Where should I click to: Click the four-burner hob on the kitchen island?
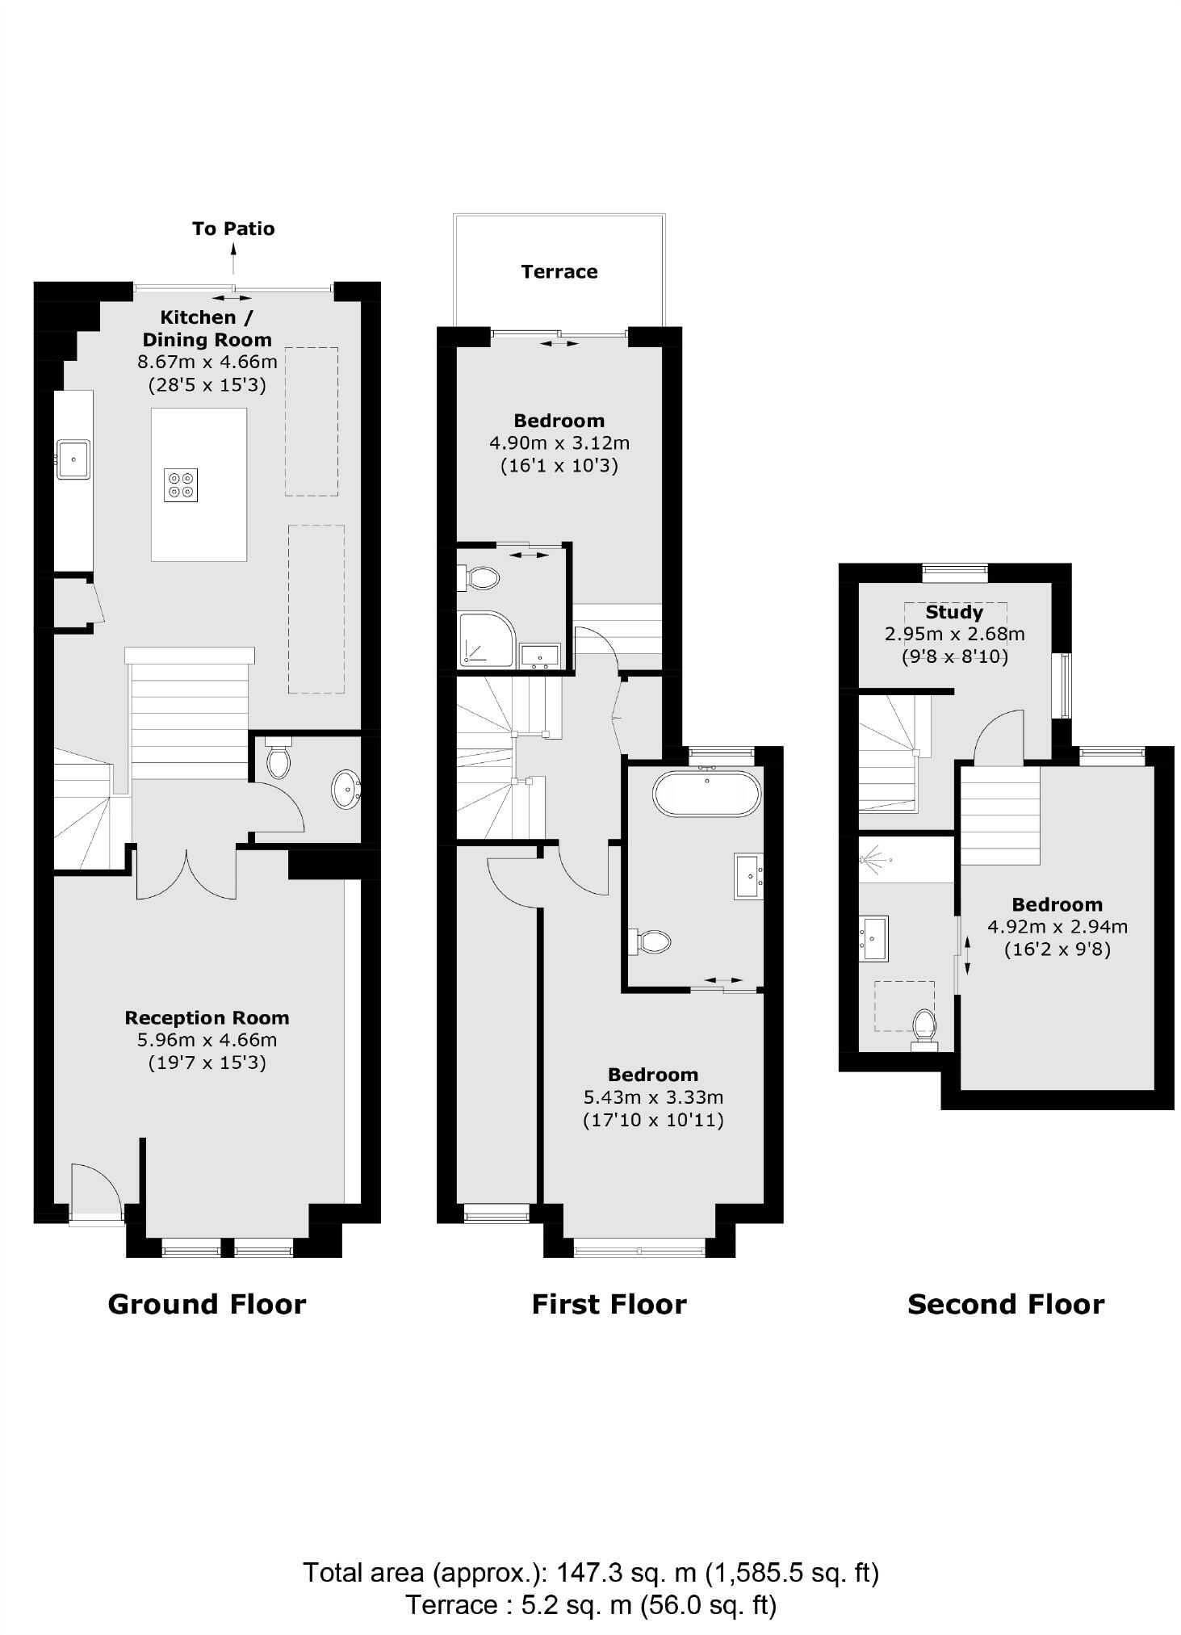pyautogui.click(x=181, y=484)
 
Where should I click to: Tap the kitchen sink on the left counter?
pyautogui.click(x=73, y=459)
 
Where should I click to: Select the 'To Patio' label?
pyautogui.click(x=233, y=228)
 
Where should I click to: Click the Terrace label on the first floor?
pyautogui.click(x=559, y=271)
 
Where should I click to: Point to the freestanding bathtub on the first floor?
pyautogui.click(x=706, y=794)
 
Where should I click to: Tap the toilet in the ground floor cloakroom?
pyautogui.click(x=278, y=757)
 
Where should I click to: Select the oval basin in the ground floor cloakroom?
pyautogui.click(x=346, y=789)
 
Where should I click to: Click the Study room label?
pyautogui.click(x=954, y=612)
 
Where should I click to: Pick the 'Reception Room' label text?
pyautogui.click(x=207, y=1018)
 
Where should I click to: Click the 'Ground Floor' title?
pyautogui.click(x=207, y=1304)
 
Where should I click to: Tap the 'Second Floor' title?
pyautogui.click(x=1006, y=1304)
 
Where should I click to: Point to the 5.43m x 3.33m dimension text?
pyautogui.click(x=653, y=1097)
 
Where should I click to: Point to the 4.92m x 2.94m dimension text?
pyautogui.click(x=1057, y=927)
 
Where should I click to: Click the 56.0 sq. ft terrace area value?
pyautogui.click(x=708, y=1604)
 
